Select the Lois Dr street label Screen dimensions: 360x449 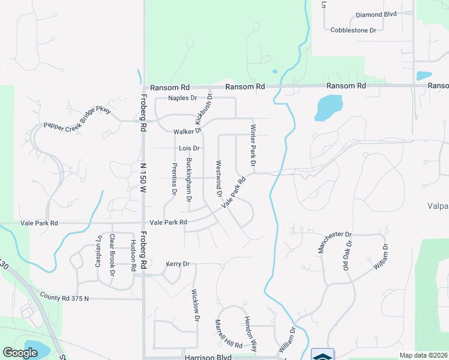coord(188,148)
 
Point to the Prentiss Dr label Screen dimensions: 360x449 coord(175,179)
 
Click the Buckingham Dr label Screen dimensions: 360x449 coord(189,179)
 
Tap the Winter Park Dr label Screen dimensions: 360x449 coord(253,146)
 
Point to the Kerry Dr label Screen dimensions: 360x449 coord(178,264)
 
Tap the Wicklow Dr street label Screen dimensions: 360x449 coord(194,306)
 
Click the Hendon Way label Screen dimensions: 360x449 coord(250,334)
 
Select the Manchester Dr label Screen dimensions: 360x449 coord(334,242)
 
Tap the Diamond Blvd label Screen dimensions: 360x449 coord(376,14)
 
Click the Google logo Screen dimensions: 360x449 coord(20,353)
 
